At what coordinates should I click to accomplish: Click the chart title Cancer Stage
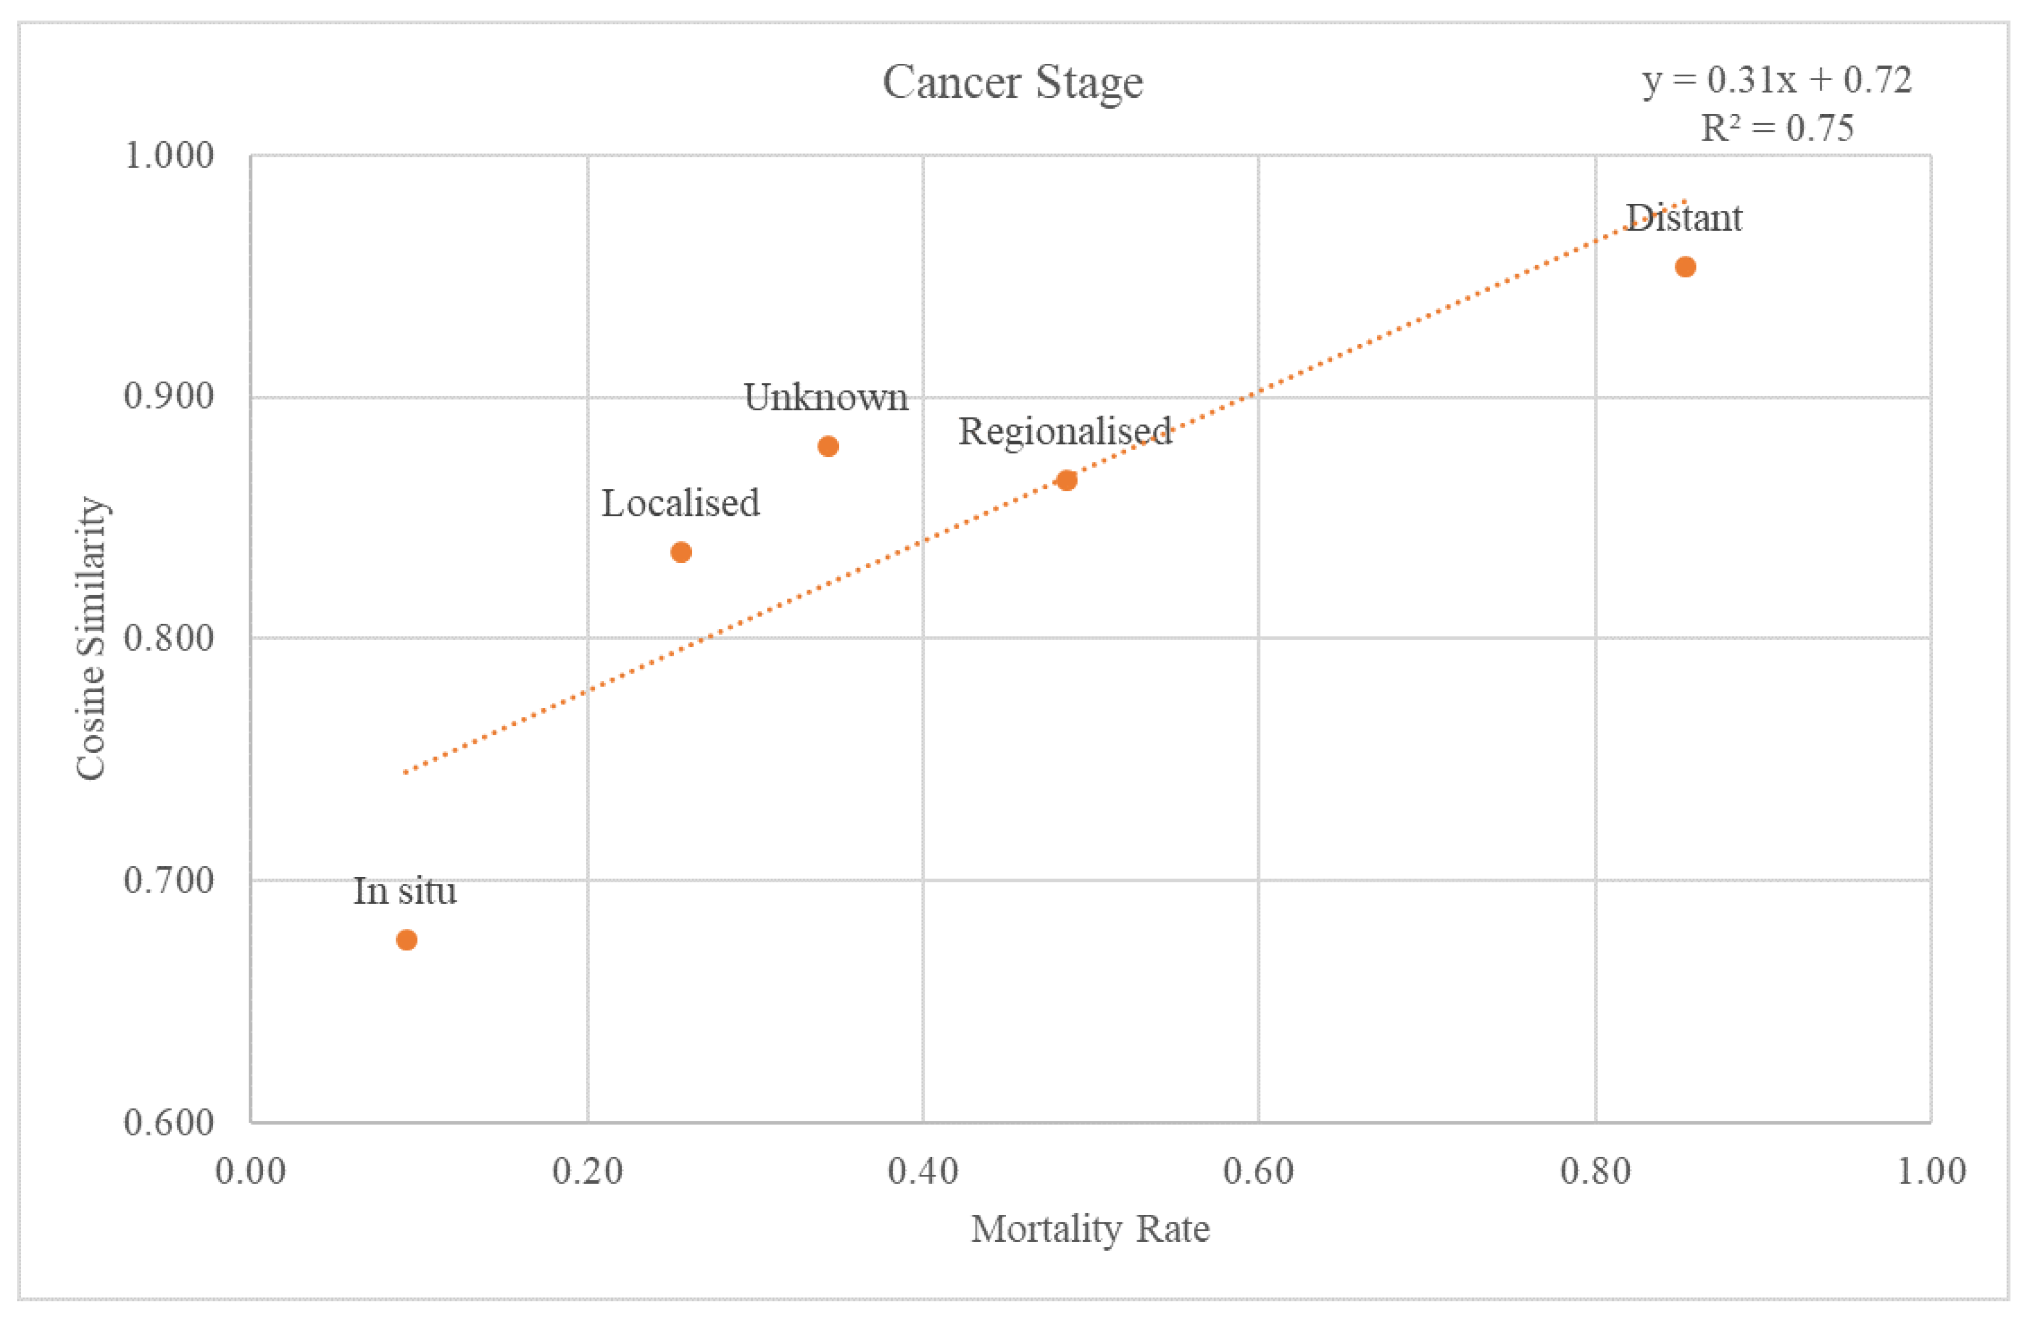click(x=1012, y=83)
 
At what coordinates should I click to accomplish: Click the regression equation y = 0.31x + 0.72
click(x=1776, y=80)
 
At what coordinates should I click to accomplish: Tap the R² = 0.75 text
click(x=1776, y=129)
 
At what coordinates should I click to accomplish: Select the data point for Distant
click(x=1685, y=267)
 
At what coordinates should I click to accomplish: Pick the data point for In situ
click(x=406, y=940)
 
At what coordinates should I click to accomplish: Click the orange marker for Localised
click(x=680, y=552)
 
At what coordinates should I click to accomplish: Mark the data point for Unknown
click(x=827, y=447)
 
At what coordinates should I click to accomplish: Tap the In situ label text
click(x=404, y=891)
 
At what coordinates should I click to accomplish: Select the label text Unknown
click(x=825, y=398)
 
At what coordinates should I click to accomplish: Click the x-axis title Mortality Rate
click(x=1090, y=1229)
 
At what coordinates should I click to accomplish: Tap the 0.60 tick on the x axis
click(x=1258, y=1170)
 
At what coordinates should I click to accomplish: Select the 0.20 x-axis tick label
click(x=587, y=1170)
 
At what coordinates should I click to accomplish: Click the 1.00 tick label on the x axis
click(x=1930, y=1170)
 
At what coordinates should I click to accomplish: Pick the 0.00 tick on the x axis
click(x=250, y=1170)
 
